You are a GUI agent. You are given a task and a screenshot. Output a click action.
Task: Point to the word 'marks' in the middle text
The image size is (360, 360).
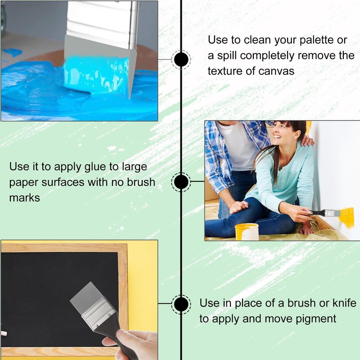pos(25,198)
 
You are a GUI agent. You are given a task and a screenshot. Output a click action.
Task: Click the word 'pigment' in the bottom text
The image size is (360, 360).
pos(316,319)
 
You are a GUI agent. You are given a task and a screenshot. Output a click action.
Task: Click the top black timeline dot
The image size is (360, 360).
pos(181,59)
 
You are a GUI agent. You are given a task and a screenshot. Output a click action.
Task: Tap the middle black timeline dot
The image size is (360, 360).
pos(181,182)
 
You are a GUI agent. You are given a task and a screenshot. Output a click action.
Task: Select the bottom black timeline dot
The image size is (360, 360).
pos(181,304)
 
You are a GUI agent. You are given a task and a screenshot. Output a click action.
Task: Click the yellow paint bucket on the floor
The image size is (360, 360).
pos(247,232)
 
